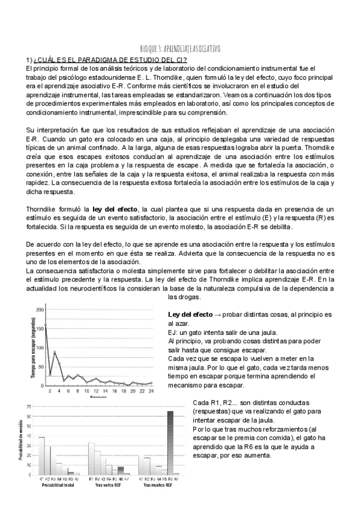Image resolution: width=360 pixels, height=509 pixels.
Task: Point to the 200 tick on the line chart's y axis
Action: tap(41, 310)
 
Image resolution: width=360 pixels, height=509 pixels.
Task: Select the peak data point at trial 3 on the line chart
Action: tap(55, 352)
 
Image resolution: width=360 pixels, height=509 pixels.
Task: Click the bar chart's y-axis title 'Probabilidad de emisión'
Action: tap(22, 442)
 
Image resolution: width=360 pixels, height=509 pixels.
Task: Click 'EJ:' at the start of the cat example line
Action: tap(173, 333)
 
